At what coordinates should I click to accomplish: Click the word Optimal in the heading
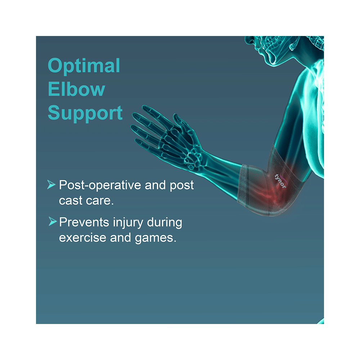coord(84,66)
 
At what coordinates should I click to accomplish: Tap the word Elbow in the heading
coord(76,89)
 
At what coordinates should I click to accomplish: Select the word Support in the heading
coord(85,113)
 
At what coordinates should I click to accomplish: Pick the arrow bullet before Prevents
coord(52,222)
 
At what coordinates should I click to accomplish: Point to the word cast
coord(71,201)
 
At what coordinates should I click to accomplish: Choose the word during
coord(164,222)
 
